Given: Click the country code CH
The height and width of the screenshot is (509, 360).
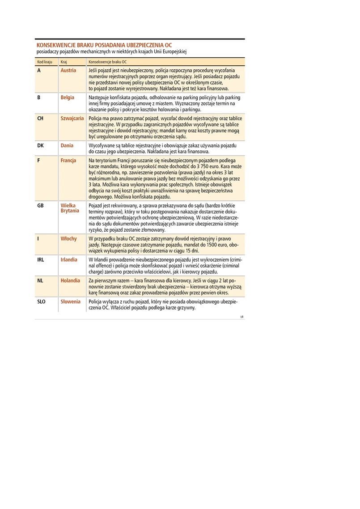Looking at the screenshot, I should pos(40,119).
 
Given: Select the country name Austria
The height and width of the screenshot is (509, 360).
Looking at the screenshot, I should pos(68,71).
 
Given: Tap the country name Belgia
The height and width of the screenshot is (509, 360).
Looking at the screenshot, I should pos(68,97).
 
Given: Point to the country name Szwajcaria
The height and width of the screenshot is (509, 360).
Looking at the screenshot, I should pos(72,119).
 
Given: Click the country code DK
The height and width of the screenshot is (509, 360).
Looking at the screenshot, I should pos(40,145).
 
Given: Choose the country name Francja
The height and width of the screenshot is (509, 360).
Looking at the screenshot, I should pos(68,161).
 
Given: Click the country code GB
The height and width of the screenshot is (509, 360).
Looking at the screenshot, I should pos(40,206).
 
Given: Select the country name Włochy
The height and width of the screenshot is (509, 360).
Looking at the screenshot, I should pos(68,239).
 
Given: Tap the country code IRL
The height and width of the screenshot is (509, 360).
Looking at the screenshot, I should pos(41,260).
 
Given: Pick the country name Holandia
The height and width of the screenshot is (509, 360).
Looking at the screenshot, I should pos(70,280).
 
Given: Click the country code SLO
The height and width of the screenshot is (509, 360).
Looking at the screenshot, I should pos(42,301).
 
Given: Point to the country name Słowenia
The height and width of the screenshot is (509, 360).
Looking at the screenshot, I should pos(71,301).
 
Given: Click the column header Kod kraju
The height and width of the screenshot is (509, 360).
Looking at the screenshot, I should pos(45,62).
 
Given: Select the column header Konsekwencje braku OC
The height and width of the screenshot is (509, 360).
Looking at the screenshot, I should pos(108,62).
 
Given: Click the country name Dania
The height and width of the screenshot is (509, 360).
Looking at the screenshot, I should pos(67,145).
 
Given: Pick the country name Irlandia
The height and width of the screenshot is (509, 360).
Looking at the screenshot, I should pos(69,260).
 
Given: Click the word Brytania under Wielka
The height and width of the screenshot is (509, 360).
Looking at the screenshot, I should pos(70,211).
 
